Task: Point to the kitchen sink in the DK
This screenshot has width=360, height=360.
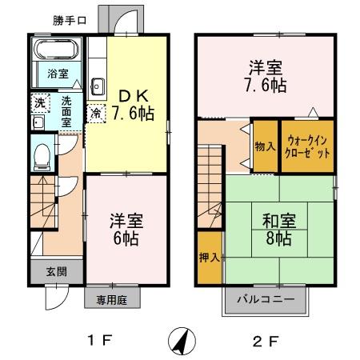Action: pos(99,86)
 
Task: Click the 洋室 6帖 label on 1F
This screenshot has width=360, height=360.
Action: pos(126,227)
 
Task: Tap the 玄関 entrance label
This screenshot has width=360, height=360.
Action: pos(48,272)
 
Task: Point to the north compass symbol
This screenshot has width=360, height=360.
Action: pos(182,341)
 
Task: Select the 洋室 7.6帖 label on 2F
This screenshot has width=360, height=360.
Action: pos(265,75)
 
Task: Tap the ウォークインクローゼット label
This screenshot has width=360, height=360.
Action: pos(306,146)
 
